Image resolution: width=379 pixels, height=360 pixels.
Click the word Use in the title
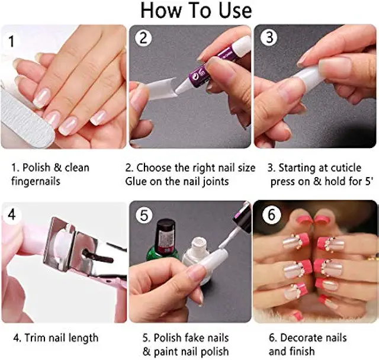(x=235, y=11)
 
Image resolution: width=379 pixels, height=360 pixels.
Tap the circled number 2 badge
(x=143, y=38)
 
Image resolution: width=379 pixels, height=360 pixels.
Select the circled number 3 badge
(x=269, y=37)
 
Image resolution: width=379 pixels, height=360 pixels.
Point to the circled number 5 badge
(x=144, y=215)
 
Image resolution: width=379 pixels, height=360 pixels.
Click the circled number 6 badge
(x=271, y=214)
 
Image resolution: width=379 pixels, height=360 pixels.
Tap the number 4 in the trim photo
(x=11, y=214)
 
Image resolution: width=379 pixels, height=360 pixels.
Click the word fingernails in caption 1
(x=36, y=181)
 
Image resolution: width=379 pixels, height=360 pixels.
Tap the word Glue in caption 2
(x=136, y=181)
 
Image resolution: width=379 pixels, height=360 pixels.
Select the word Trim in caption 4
(x=37, y=337)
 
